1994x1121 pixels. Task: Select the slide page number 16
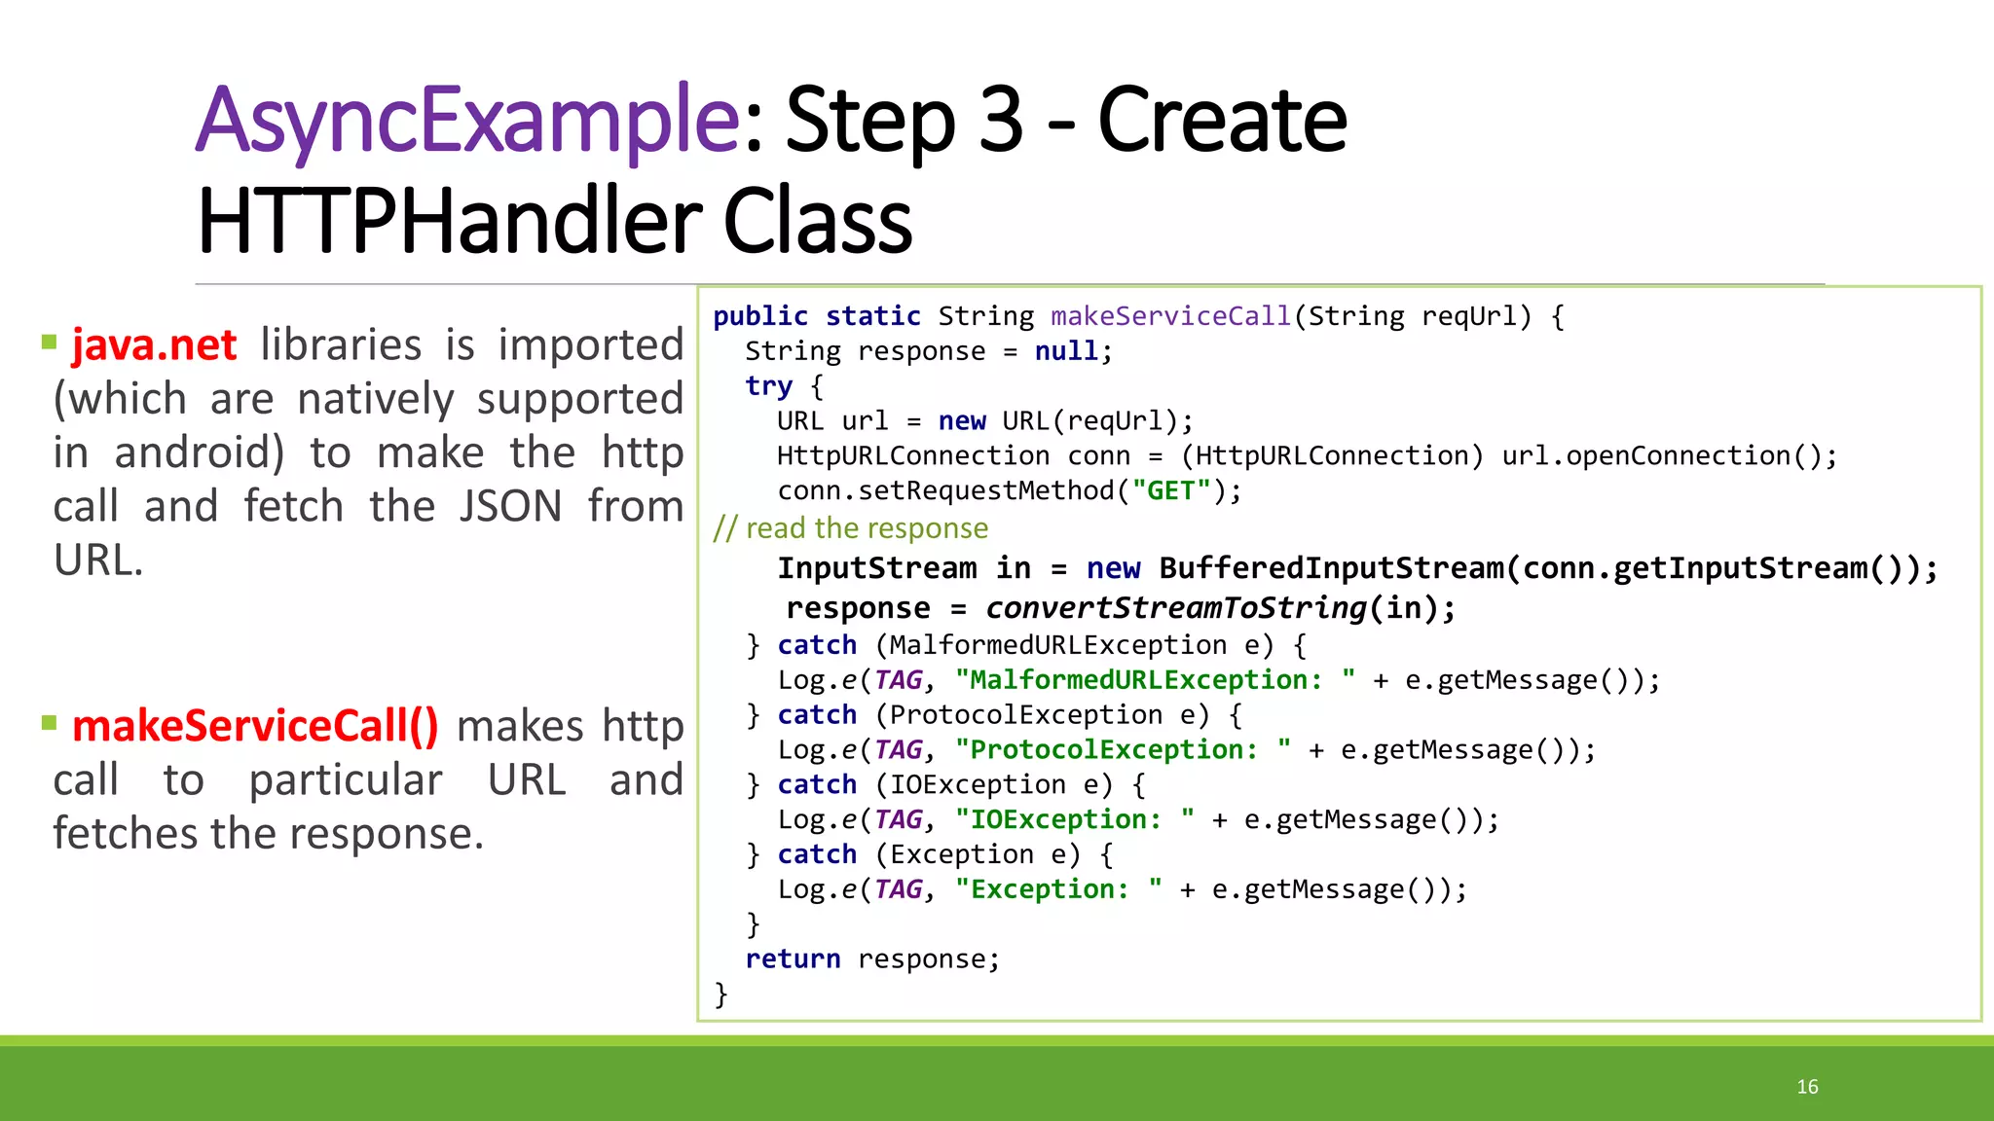1807,1087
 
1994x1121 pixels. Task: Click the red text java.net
154,345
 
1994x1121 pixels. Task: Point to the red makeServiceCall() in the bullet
255,727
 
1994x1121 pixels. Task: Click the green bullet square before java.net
50,342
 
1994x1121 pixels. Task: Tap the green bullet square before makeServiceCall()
50,722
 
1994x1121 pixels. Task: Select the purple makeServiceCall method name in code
1170,316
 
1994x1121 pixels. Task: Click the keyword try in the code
768,386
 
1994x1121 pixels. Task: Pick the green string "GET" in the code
1171,490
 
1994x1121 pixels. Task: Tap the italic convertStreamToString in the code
1176,608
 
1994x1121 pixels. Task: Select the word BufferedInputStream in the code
1331,568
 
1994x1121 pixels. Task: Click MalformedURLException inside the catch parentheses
1057,645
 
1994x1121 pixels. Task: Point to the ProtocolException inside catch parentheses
1025,715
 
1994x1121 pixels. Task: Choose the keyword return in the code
793,959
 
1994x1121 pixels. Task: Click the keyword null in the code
1066,351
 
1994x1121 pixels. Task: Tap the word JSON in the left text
510,507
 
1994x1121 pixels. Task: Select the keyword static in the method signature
872,316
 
